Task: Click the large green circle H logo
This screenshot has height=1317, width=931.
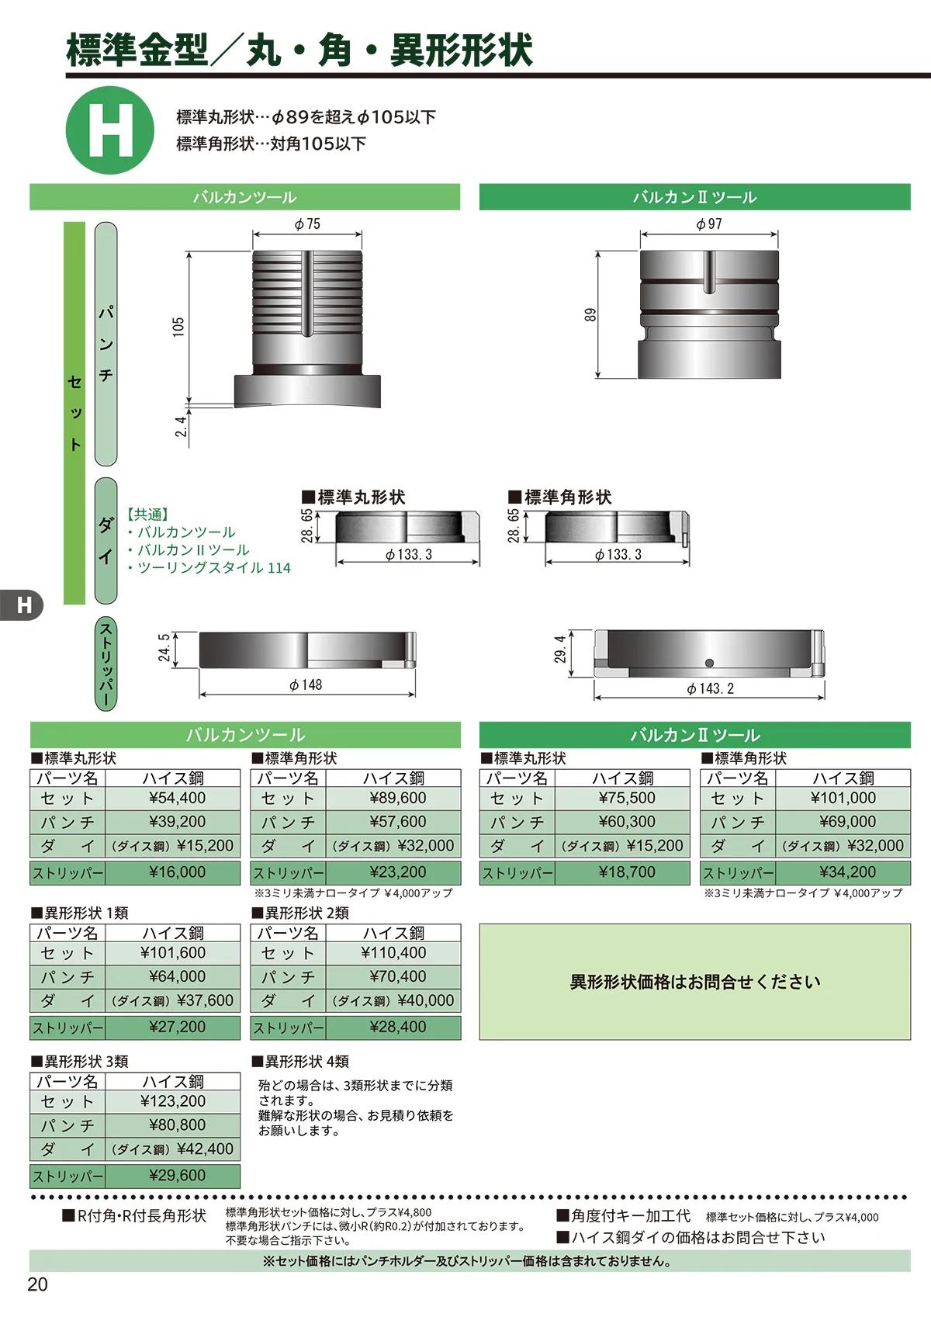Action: coord(110,130)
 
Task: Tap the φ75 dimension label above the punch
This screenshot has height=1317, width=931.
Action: coord(307,224)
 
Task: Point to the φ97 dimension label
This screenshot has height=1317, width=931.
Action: coord(709,224)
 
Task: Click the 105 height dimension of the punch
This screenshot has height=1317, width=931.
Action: coord(178,327)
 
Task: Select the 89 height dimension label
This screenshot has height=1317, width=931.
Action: coord(590,314)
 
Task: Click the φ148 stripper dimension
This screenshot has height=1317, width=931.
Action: coord(306,685)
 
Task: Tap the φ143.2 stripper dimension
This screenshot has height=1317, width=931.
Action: coord(710,688)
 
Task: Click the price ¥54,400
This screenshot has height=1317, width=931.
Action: coord(177,798)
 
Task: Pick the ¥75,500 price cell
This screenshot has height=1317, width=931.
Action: coord(627,798)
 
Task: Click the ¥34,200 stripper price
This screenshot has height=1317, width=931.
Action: coord(847,872)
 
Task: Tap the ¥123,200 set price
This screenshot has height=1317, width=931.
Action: coord(173,1101)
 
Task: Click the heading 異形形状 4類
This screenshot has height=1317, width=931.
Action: coord(301,1061)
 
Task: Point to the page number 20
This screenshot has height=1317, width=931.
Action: coord(37,1284)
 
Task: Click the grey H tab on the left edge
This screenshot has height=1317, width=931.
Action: coord(22,605)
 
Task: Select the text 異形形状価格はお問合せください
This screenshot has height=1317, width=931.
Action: coord(694,982)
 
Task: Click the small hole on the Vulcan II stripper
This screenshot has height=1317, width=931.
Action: coord(709,664)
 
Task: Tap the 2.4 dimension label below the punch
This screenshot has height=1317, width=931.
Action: coord(181,426)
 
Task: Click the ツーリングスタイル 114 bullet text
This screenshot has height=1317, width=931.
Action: coord(209,568)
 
